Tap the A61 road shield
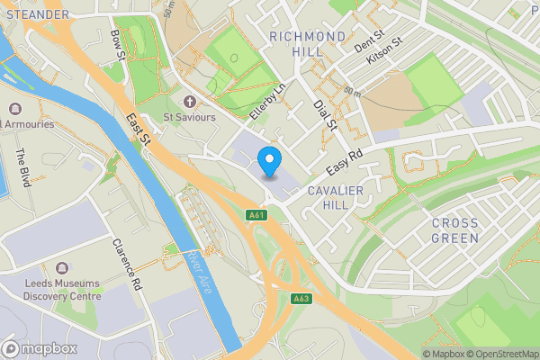click(x=256, y=214)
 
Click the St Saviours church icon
click(x=189, y=101)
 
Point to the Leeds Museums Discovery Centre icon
click(x=61, y=269)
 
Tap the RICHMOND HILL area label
click(x=307, y=44)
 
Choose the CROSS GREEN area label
click(x=454, y=230)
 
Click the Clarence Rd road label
click(x=127, y=265)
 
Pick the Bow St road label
click(x=116, y=45)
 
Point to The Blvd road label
click(x=24, y=167)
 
